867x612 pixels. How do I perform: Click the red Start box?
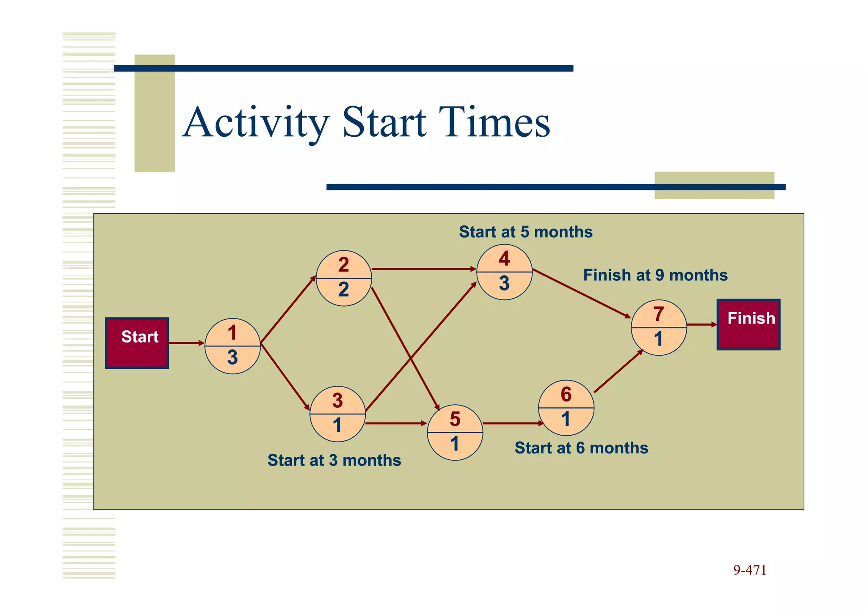coord(137,343)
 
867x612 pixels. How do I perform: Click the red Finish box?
coord(748,324)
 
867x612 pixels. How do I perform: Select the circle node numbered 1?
coord(232,346)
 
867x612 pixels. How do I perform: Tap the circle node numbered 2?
coord(344,278)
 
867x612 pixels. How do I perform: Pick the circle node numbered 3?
coord(337,414)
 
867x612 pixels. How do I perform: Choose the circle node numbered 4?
coord(504,272)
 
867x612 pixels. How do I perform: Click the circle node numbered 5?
coord(455,432)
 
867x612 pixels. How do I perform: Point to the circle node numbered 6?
coord(566,408)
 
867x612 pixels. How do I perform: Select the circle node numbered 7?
coord(658,327)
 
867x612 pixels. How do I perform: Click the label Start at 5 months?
coord(525,232)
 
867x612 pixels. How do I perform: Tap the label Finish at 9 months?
coord(655,275)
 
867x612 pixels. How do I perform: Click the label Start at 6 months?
coord(581,448)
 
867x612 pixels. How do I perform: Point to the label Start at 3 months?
coord(334,460)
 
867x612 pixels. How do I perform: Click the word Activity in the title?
coord(256,123)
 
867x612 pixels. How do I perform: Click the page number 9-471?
coord(749,570)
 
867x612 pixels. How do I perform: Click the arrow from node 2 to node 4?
coord(423,269)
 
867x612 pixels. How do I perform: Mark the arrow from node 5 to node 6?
coord(512,423)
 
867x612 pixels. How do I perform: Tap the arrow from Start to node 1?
coord(186,343)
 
